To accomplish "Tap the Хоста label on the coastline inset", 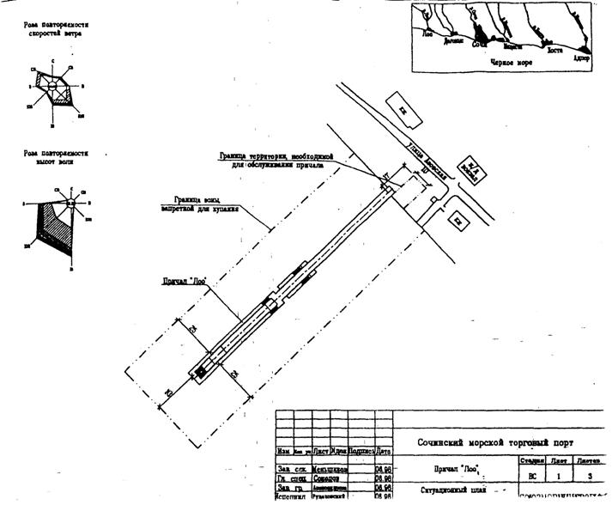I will (553, 51).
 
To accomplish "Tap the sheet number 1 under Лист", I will (558, 473).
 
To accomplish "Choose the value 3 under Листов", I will (590, 473).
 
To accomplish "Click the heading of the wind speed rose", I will (57, 30).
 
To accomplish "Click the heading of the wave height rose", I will (57, 156).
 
